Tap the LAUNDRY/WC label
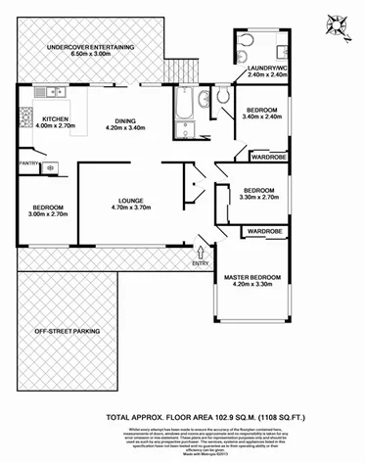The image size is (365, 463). coord(259,67)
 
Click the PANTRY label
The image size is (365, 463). coord(25,163)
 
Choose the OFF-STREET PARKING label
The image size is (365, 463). coord(68,332)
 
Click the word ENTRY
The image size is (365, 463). coord(201,262)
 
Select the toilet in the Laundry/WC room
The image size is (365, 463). coord(245,40)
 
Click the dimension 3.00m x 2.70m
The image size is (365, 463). coord(47,216)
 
